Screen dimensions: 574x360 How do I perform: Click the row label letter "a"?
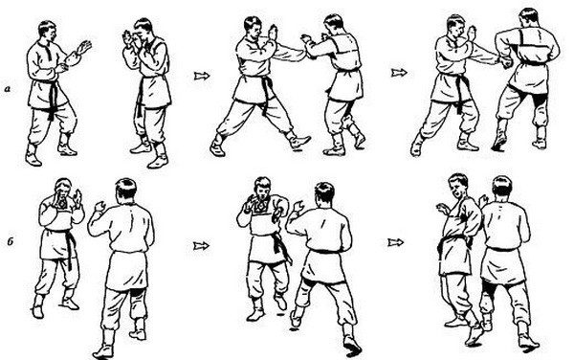[8, 89]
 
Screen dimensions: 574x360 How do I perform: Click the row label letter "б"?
[11, 241]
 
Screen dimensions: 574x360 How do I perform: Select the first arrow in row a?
[202, 76]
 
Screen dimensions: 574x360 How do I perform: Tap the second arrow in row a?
[399, 73]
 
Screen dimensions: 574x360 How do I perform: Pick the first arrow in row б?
[201, 245]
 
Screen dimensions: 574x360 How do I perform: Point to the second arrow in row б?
[396, 242]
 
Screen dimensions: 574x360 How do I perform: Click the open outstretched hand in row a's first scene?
[84, 47]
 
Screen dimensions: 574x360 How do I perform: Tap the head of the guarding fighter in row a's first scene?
[143, 30]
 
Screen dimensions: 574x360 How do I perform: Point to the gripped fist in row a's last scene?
[506, 63]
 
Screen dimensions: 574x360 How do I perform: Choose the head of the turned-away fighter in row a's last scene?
[529, 19]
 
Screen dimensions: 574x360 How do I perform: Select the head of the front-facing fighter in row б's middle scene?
[262, 189]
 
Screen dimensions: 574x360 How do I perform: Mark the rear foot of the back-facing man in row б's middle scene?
[352, 345]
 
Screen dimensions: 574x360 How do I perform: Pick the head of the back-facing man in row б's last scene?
[502, 187]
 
